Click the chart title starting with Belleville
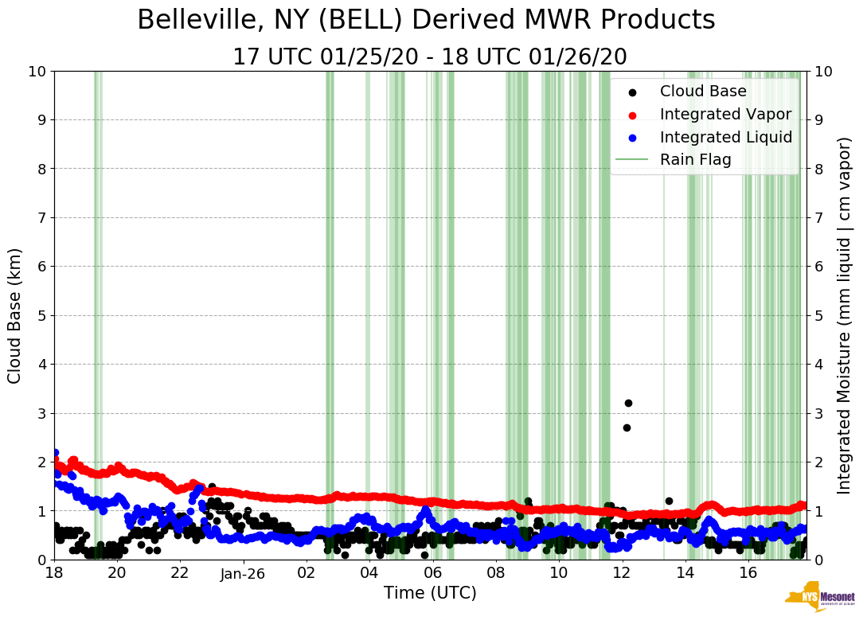click(x=426, y=20)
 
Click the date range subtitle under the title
click(x=430, y=57)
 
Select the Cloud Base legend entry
click(x=703, y=92)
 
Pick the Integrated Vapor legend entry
click(x=725, y=115)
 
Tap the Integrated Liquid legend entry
click(x=725, y=137)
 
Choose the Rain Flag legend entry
click(x=695, y=160)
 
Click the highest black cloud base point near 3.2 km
click(x=628, y=403)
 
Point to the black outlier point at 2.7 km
click(x=627, y=427)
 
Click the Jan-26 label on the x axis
click(x=243, y=573)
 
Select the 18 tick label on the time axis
click(x=54, y=573)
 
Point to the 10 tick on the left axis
click(x=37, y=72)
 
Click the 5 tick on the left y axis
click(x=41, y=315)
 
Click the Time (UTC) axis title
click(x=430, y=593)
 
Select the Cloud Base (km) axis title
click(x=15, y=315)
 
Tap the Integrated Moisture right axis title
click(x=845, y=315)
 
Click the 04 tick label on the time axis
click(x=369, y=573)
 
